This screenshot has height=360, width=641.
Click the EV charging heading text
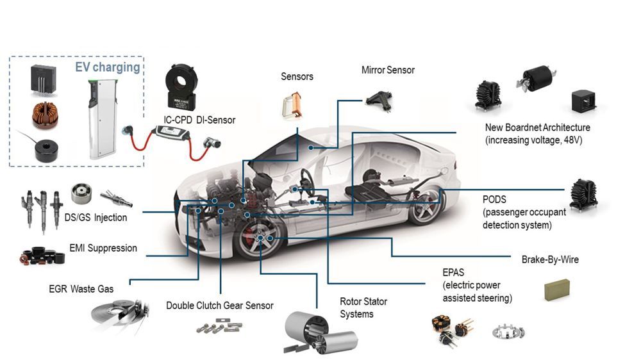pos(107,67)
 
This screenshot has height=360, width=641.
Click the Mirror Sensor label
pos(388,70)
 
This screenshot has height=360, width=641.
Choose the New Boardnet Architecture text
pos(537,133)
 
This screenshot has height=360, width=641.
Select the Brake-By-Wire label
pos(550,260)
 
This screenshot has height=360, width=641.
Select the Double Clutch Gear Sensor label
pos(219,306)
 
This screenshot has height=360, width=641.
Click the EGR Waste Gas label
pos(81,289)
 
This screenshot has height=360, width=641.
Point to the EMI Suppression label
pos(103,248)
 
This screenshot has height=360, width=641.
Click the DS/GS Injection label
pos(96,217)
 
